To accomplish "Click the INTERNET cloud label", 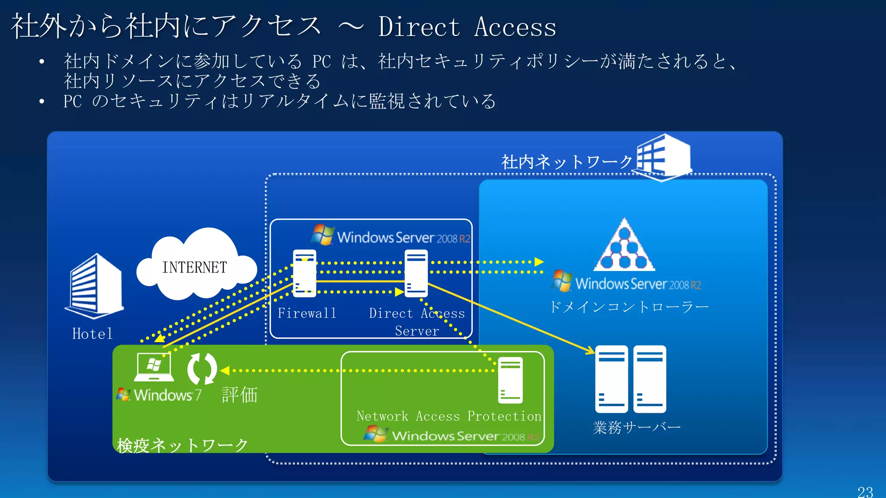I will point(194,268).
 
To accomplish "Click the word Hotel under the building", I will point(93,334).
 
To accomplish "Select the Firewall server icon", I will point(305,273).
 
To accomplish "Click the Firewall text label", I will point(307,313).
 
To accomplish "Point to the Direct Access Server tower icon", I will point(416,273).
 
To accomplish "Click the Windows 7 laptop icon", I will point(154,367).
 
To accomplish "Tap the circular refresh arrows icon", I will point(202,369).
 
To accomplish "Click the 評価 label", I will point(240,395).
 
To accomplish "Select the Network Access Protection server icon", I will point(510,380).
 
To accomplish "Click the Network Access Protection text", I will point(449,416).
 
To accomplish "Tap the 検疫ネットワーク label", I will point(182,445).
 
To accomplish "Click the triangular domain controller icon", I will point(624,246).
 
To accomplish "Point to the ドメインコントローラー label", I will point(629,307).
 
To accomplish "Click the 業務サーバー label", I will point(637,428).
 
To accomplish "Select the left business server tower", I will point(611,379).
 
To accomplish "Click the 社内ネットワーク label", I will point(567,163).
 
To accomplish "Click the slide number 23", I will point(865,492).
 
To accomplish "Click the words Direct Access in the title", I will point(467,27).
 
